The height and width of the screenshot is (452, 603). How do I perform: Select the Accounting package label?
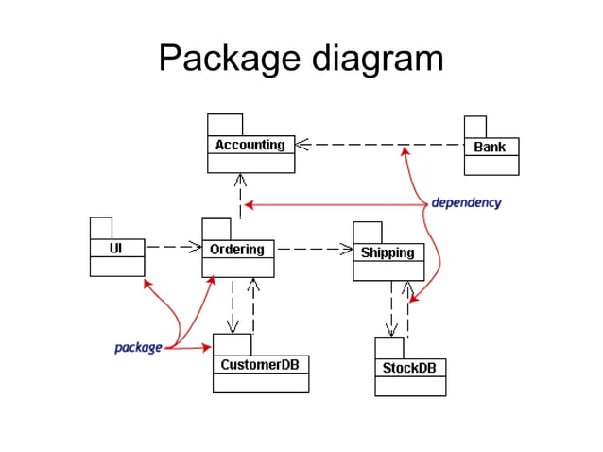(250, 145)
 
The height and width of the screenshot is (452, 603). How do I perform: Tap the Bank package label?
(491, 147)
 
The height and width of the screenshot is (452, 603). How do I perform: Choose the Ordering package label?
(237, 249)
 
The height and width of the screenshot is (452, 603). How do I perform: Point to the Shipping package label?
(388, 252)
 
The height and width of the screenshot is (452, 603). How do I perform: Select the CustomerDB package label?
(260, 364)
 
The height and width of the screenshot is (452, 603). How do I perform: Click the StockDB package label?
(409, 367)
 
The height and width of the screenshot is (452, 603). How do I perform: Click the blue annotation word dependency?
(466, 202)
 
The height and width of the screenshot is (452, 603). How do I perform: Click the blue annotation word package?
(138, 347)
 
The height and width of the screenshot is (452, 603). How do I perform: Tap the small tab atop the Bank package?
(474, 127)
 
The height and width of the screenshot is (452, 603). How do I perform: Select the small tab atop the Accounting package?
(225, 125)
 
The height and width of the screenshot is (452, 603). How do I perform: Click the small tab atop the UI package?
(101, 228)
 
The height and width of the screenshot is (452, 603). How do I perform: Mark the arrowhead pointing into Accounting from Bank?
(304, 145)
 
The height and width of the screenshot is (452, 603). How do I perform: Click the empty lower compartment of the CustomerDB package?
(260, 383)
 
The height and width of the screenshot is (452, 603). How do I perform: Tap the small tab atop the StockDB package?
(389, 348)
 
